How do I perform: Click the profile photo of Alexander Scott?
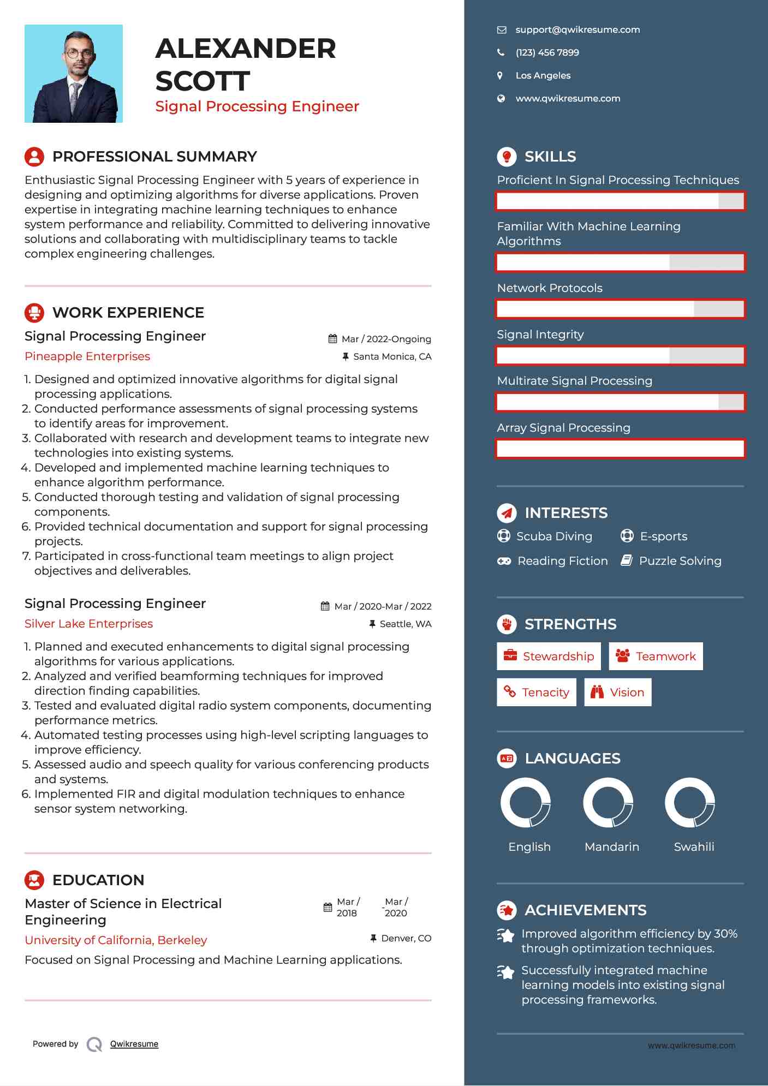(74, 74)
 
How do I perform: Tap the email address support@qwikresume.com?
(578, 30)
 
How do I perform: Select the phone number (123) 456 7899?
(547, 53)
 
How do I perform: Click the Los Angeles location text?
(543, 76)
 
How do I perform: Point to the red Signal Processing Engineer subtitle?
(257, 106)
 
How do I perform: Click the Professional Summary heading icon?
(34, 157)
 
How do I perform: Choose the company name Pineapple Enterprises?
(87, 356)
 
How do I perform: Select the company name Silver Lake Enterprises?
(88, 624)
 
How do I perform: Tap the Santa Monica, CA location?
(392, 357)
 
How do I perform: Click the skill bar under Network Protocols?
(620, 309)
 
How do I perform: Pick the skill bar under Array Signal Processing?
(620, 449)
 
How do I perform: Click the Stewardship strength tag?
(549, 656)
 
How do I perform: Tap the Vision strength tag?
(617, 693)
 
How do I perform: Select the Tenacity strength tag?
(536, 693)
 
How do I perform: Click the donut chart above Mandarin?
(608, 803)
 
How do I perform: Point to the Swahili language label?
(694, 847)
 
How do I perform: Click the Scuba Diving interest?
(554, 536)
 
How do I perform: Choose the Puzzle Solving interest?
(680, 561)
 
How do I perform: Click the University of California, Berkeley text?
(116, 940)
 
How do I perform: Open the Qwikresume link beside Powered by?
(134, 1044)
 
